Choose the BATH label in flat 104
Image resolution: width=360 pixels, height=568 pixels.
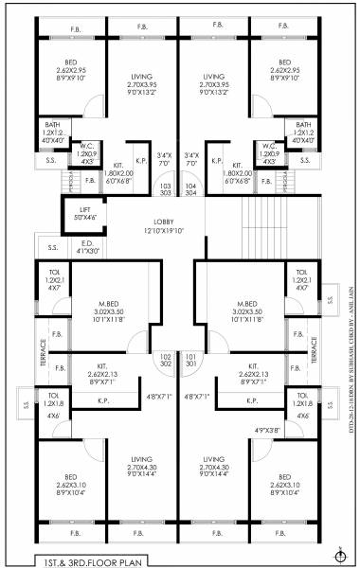(303, 127)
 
